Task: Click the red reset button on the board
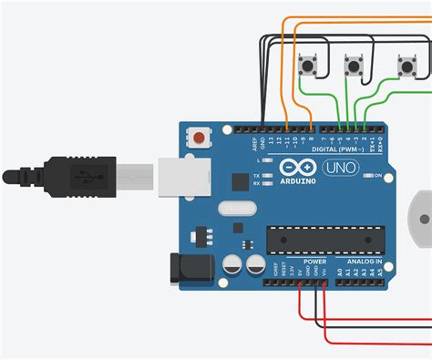coord(199,139)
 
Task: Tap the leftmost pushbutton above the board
coord(308,64)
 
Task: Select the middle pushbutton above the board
coord(355,65)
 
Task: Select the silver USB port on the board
coord(187,178)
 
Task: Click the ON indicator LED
coord(367,175)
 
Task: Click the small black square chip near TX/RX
coord(238,180)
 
